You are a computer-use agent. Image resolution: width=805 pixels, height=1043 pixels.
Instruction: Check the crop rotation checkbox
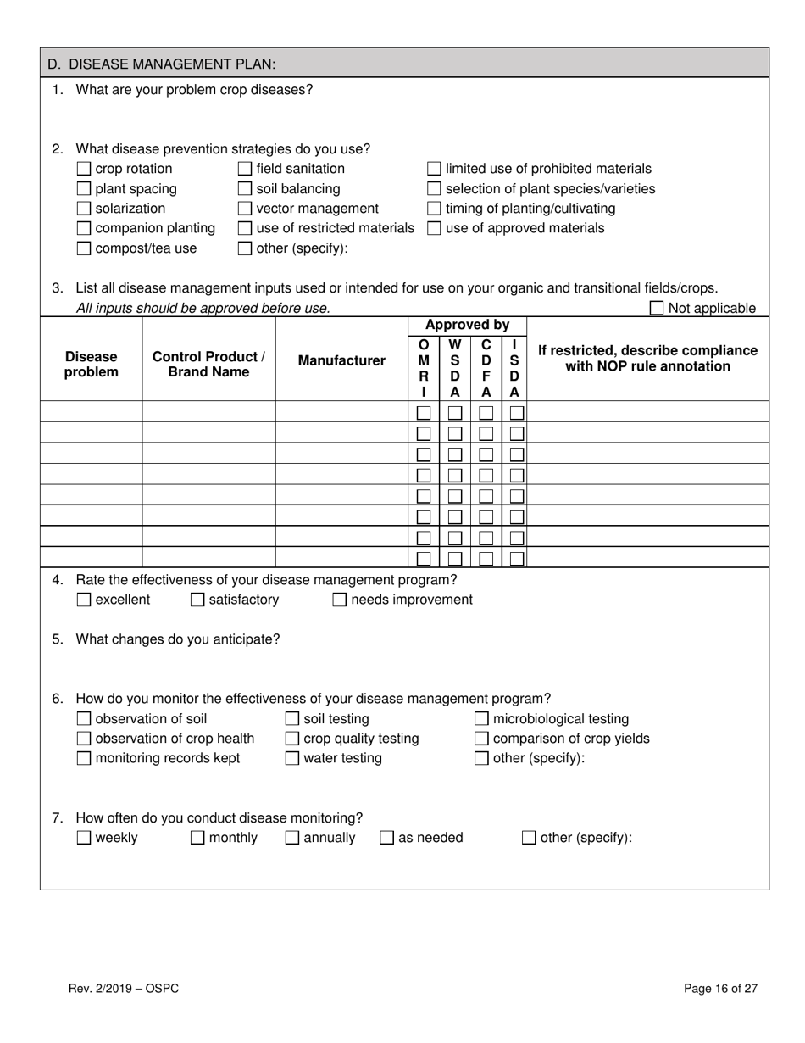[x=84, y=169]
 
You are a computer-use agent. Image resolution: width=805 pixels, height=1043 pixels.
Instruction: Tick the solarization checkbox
[x=84, y=209]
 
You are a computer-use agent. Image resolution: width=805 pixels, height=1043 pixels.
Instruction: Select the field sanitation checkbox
[x=245, y=169]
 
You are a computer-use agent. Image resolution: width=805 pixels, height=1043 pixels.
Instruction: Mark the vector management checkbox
[x=245, y=209]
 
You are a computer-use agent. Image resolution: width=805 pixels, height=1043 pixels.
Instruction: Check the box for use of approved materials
[x=434, y=228]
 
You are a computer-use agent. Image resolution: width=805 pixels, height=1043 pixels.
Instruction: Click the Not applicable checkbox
[x=657, y=309]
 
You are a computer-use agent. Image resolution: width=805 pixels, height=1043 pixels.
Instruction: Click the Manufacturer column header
[x=341, y=360]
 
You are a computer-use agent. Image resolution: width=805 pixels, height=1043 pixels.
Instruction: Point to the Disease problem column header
[x=92, y=365]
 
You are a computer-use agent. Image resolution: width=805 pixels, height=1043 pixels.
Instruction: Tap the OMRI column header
[x=424, y=368]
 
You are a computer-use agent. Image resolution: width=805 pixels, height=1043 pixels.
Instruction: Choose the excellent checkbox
[x=84, y=600]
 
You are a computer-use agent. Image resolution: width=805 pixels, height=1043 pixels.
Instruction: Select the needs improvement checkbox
[x=339, y=600]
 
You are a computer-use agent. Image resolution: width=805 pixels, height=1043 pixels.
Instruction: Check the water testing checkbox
[x=292, y=759]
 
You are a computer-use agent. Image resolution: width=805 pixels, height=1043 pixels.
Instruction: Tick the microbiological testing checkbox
[x=481, y=719]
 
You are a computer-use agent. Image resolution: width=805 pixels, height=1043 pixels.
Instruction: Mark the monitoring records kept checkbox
[x=84, y=759]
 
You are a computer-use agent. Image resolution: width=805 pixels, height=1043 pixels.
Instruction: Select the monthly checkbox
[x=197, y=839]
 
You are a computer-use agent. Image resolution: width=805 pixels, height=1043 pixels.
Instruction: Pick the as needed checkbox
[x=386, y=839]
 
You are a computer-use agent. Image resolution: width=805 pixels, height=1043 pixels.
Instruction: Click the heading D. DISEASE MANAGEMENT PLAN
[x=161, y=64]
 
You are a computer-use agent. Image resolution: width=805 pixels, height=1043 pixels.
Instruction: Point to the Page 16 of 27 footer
[x=720, y=988]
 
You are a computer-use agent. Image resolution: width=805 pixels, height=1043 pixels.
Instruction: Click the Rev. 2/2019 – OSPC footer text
[x=124, y=988]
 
